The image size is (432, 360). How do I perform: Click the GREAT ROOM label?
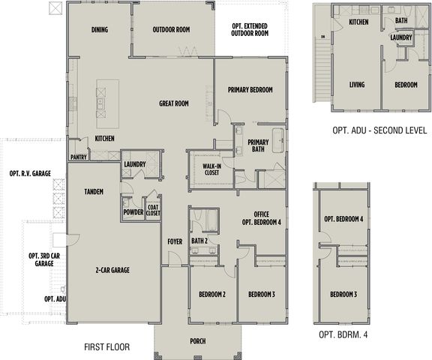tap(174, 103)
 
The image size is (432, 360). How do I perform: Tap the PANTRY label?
tap(79, 157)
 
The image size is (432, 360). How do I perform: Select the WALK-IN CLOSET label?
tap(211, 169)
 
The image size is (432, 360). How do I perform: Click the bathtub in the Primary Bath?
tap(278, 140)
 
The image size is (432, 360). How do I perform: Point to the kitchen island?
tap(108, 103)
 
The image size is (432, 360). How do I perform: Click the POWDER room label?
tap(133, 212)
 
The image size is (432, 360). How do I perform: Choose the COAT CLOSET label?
tap(153, 210)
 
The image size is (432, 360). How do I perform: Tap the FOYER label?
tap(175, 241)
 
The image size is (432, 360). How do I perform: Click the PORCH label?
tap(198, 341)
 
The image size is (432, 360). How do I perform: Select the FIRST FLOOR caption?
tap(107, 346)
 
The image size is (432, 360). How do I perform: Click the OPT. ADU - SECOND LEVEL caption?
tap(379, 130)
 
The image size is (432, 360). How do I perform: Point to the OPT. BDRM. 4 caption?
tap(343, 334)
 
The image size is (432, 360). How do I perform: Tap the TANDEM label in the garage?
tap(94, 191)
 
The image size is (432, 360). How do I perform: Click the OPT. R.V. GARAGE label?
tap(30, 173)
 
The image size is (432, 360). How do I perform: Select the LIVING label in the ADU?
tap(357, 85)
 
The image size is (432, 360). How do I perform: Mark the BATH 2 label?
tap(199, 241)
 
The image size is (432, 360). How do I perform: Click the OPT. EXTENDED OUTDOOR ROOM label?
tap(250, 30)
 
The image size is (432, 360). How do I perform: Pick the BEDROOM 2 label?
tap(212, 295)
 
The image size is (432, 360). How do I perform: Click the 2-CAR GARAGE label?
tap(112, 270)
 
